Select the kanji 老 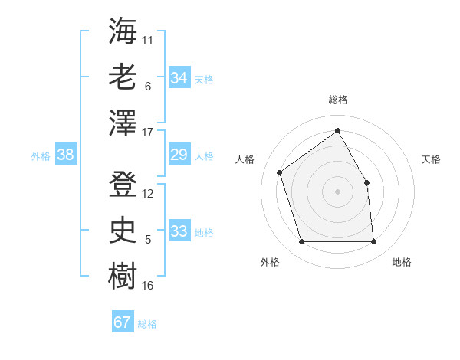pyautogui.click(x=123, y=77)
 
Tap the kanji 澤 pyautogui.click(x=123, y=123)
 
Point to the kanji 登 pyautogui.click(x=123, y=184)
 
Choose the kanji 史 pyautogui.click(x=123, y=230)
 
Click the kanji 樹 pyautogui.click(x=123, y=276)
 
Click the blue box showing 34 pyautogui.click(x=179, y=78)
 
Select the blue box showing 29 pyautogui.click(x=179, y=155)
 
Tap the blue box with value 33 pyautogui.click(x=179, y=232)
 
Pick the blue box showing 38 pyautogui.click(x=66, y=155)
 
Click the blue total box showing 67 pyautogui.click(x=123, y=322)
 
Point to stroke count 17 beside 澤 pyautogui.click(x=148, y=133)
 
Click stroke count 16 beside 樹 pyautogui.click(x=148, y=286)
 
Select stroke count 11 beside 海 pyautogui.click(x=148, y=40)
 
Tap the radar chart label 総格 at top pyautogui.click(x=337, y=100)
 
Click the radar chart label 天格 pyautogui.click(x=431, y=159)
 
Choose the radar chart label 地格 pyautogui.click(x=402, y=262)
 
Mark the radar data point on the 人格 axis pyautogui.click(x=280, y=172)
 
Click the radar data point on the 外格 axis pyautogui.click(x=301, y=242)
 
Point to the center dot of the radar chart pyautogui.click(x=337, y=191)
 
